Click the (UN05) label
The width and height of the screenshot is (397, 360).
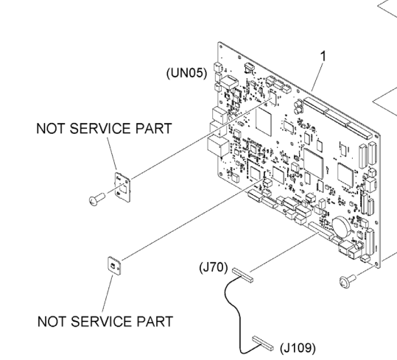[186, 73]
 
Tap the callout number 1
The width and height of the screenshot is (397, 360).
[323, 56]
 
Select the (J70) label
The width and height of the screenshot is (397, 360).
[213, 268]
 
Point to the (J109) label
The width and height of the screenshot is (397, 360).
[298, 348]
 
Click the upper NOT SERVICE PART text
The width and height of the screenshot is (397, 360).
[105, 128]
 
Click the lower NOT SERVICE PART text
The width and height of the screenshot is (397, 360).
[105, 321]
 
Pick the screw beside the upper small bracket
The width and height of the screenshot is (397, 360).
[97, 199]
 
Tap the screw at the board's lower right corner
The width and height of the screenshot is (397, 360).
[348, 281]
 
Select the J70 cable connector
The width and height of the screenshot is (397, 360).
[242, 275]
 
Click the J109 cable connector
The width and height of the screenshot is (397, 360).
[263, 343]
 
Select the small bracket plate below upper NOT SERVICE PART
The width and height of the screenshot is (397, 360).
[122, 187]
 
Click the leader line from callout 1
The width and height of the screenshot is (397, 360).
[317, 76]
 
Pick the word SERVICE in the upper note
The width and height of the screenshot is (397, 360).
[101, 128]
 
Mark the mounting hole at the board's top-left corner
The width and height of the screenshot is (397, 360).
[221, 47]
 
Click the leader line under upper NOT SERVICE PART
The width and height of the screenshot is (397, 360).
[112, 153]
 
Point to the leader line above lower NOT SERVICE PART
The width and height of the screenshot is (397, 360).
[108, 294]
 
